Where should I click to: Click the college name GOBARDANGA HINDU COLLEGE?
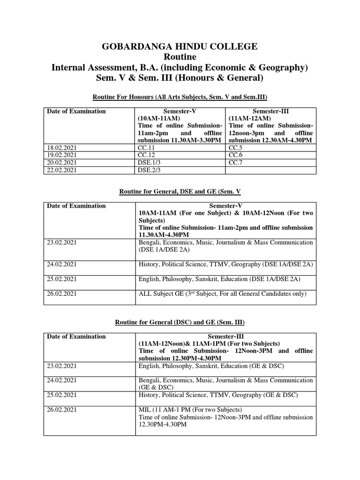(180, 46)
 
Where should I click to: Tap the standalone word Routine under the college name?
(180, 57)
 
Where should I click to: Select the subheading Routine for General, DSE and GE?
(180, 191)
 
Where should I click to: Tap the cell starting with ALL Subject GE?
(223, 294)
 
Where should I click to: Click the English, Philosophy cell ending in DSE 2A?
(219, 279)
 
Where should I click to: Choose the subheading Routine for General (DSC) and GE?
(180, 322)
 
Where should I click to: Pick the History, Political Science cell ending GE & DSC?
(218, 396)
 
